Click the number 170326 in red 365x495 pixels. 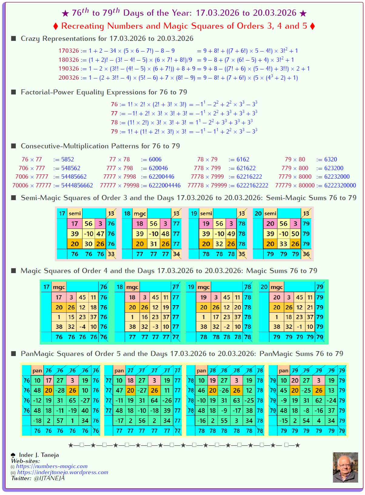(x=69, y=51)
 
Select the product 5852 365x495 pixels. (x=67, y=160)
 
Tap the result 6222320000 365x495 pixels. (x=340, y=185)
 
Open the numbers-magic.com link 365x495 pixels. (x=52, y=466)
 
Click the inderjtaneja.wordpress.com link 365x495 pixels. (x=62, y=472)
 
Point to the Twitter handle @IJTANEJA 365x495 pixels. (x=49, y=478)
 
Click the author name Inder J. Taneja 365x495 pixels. (x=39, y=455)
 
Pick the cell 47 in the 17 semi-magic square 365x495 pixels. (x=100, y=234)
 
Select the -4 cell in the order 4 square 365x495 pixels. (x=82, y=327)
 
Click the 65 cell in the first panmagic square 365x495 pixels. (x=72, y=401)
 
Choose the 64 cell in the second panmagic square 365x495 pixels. (x=154, y=401)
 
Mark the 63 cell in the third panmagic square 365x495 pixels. (x=236, y=401)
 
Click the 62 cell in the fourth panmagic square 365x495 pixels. (x=319, y=401)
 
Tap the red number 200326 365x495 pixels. (x=69, y=78)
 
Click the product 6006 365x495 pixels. (x=155, y=160)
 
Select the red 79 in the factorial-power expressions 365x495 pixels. (x=114, y=132)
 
